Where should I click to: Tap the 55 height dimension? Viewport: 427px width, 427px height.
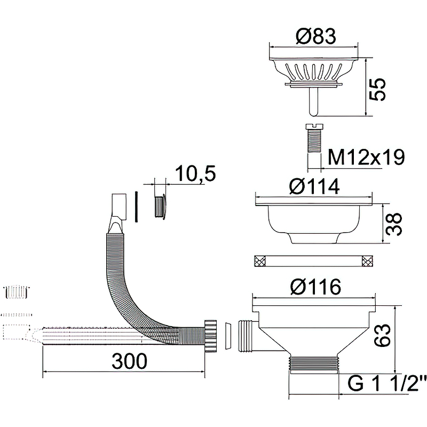click(378, 89)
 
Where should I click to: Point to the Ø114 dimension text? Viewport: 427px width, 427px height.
click(315, 186)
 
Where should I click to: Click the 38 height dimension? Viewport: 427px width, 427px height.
click(394, 224)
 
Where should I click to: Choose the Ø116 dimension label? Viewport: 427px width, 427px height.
click(315, 287)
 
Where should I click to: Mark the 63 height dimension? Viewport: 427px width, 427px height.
click(383, 335)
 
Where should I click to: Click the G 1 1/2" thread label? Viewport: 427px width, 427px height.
click(383, 383)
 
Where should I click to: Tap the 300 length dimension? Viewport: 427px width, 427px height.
click(130, 361)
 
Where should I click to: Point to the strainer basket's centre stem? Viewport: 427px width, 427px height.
click(314, 101)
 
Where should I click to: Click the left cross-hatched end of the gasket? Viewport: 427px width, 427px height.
click(259, 260)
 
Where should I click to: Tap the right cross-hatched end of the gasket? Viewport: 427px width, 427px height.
click(367, 260)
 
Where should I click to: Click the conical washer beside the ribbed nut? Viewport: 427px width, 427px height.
click(228, 335)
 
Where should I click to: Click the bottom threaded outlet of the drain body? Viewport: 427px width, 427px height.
click(314, 365)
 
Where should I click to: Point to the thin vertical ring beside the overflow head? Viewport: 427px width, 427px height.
click(136, 207)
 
